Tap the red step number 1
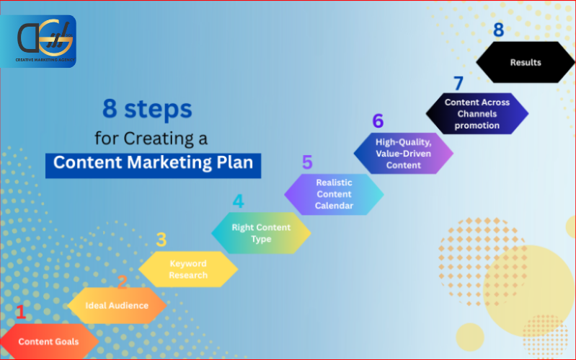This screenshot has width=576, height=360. (x=20, y=312)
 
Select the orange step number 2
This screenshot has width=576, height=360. (x=122, y=282)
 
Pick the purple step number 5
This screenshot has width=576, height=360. (x=307, y=162)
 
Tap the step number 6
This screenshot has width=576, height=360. (x=378, y=121)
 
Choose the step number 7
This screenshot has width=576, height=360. (x=458, y=83)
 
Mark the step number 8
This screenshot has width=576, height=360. (x=498, y=30)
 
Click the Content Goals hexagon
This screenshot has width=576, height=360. (x=48, y=341)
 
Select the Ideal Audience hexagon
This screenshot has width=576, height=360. (x=117, y=305)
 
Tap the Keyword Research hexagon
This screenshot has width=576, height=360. (x=188, y=269)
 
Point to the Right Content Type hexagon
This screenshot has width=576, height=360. (x=261, y=232)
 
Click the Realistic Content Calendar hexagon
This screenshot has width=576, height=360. (x=334, y=194)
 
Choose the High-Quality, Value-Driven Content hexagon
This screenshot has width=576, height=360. (x=404, y=154)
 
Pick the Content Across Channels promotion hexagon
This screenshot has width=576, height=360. (x=477, y=114)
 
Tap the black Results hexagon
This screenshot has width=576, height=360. (x=526, y=62)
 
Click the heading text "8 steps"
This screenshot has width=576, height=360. (x=146, y=110)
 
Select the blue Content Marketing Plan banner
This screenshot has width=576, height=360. (x=153, y=162)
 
